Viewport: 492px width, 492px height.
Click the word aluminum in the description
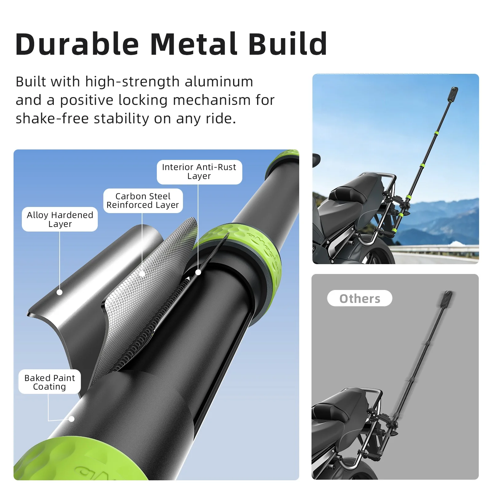point(219,82)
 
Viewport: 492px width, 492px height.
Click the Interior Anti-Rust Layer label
point(199,172)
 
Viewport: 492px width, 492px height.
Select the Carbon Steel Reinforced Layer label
point(143,200)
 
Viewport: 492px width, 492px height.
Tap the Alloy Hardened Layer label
point(60,219)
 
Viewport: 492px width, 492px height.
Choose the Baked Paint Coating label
point(50,382)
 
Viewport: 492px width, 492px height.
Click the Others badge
point(359,298)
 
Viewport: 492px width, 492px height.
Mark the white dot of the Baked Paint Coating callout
point(72,419)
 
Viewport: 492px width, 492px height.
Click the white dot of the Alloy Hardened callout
point(60,292)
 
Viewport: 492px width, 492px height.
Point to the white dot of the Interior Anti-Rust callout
point(198,272)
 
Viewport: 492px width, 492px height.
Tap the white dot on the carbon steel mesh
point(142,273)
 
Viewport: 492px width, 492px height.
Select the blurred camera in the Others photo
point(447,299)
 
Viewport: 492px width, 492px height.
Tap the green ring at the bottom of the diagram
point(77,461)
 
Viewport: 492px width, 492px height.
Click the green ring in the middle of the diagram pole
point(243,246)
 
